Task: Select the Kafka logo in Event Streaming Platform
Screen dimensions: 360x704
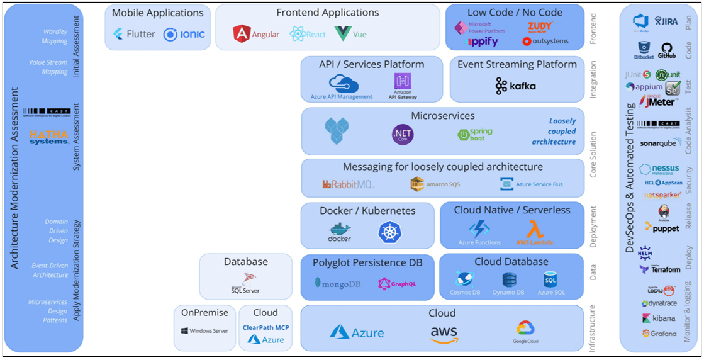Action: tap(516, 86)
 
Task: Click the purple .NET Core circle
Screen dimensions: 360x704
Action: tap(403, 134)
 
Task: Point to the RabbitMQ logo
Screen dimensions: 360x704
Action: tap(348, 184)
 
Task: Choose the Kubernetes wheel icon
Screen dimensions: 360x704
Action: tap(389, 232)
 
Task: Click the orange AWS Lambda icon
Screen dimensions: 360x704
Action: tap(535, 230)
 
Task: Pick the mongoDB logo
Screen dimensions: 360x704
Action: tap(337, 283)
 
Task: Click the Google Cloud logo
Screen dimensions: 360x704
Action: tap(525, 332)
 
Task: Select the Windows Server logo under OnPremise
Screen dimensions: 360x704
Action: tap(204, 330)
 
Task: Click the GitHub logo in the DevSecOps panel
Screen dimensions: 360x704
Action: tap(666, 50)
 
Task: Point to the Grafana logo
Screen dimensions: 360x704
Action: tap(659, 333)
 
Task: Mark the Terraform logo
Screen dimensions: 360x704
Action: tap(660, 269)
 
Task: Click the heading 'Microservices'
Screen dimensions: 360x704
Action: tap(443, 116)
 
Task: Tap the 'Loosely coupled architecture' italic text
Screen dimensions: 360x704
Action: tap(554, 132)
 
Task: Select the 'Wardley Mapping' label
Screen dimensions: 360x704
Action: tap(55, 37)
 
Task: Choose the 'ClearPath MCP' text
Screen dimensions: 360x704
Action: tap(265, 327)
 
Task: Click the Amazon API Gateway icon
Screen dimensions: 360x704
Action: tap(403, 86)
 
